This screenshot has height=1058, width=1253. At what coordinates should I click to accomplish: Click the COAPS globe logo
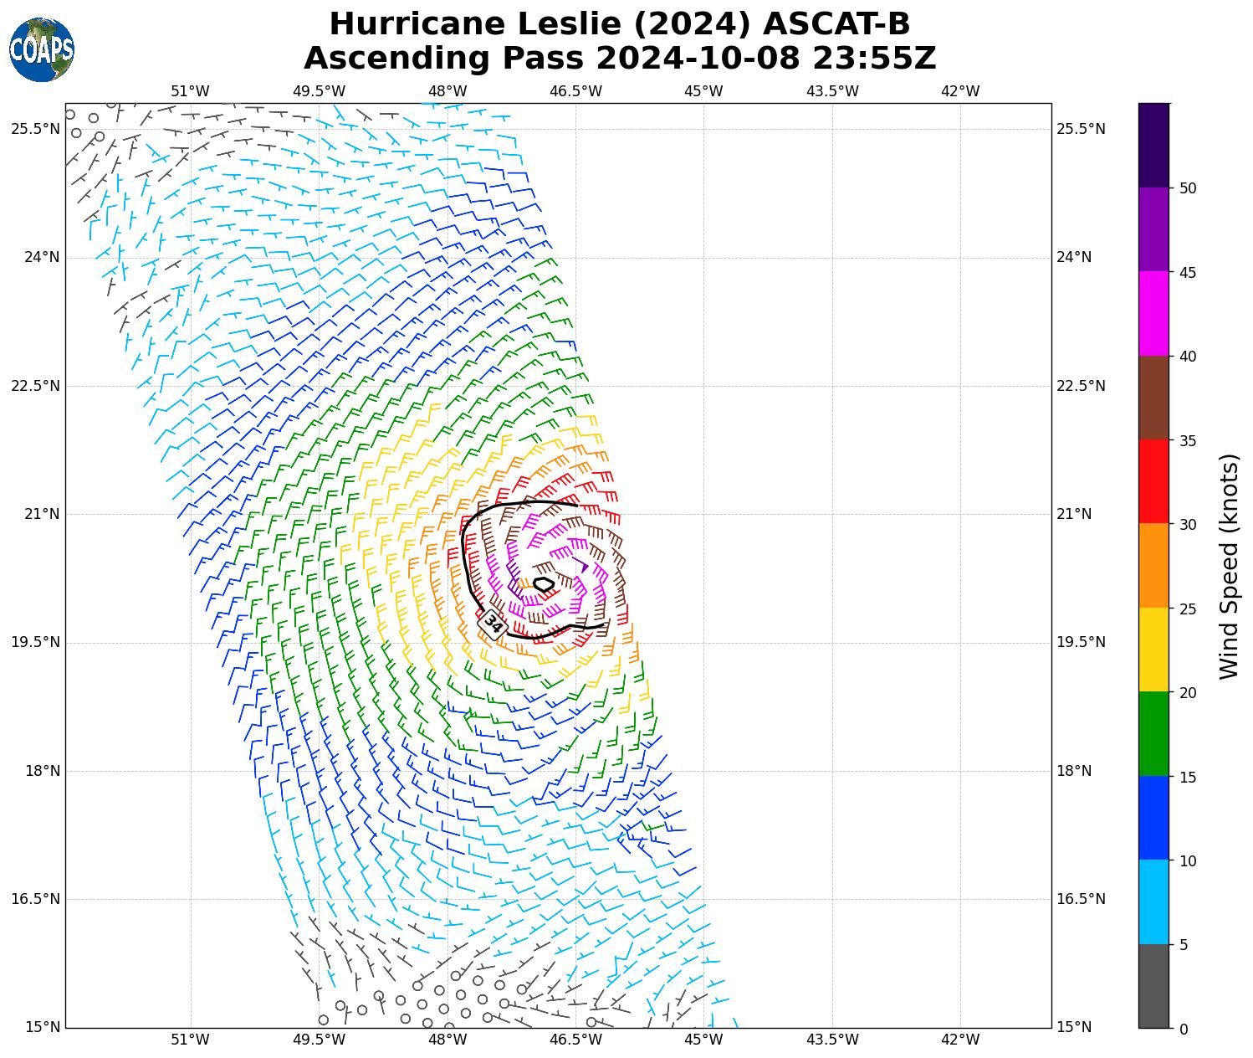click(x=42, y=50)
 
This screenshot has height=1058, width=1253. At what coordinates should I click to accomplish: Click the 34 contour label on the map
click(x=494, y=624)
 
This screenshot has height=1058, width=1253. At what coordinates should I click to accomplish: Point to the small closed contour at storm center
click(x=544, y=584)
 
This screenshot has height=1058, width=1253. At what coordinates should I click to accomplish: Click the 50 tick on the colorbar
click(x=1187, y=188)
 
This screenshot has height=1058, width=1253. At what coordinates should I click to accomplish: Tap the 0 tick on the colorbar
click(x=1183, y=1030)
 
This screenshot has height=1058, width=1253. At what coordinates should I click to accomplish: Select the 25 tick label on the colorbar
click(x=1187, y=609)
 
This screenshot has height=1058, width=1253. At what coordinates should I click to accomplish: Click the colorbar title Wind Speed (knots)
click(x=1229, y=567)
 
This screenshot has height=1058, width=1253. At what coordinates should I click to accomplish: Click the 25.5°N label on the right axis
click(x=1082, y=129)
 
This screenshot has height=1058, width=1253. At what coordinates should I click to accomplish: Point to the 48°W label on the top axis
click(x=447, y=91)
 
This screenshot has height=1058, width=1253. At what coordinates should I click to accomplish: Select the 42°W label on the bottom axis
click(x=960, y=1040)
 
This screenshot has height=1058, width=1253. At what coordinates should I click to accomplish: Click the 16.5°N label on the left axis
click(x=36, y=899)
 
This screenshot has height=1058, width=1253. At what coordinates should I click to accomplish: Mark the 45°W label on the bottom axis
click(x=703, y=1040)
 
